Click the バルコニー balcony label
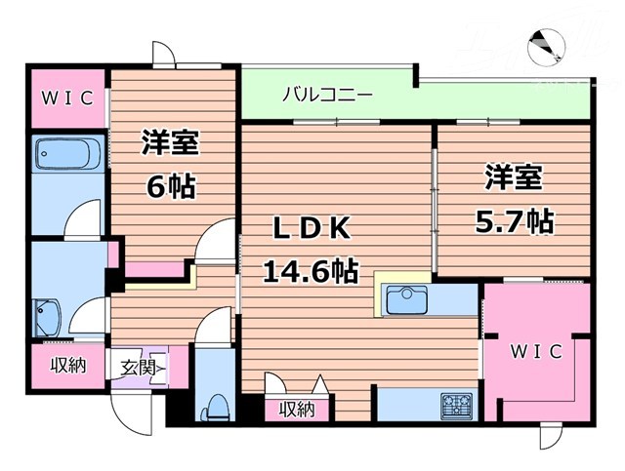tap(327, 96)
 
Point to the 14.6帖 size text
tap(309, 268)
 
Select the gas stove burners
tap(457, 404)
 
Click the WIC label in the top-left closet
tap(65, 98)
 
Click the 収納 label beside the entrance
tap(67, 366)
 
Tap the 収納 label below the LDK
tap(297, 410)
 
